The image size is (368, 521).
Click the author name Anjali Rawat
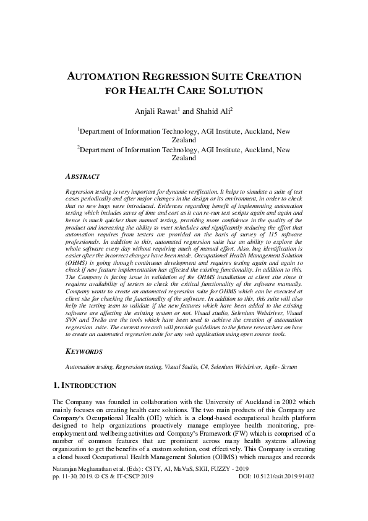[157, 111]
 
